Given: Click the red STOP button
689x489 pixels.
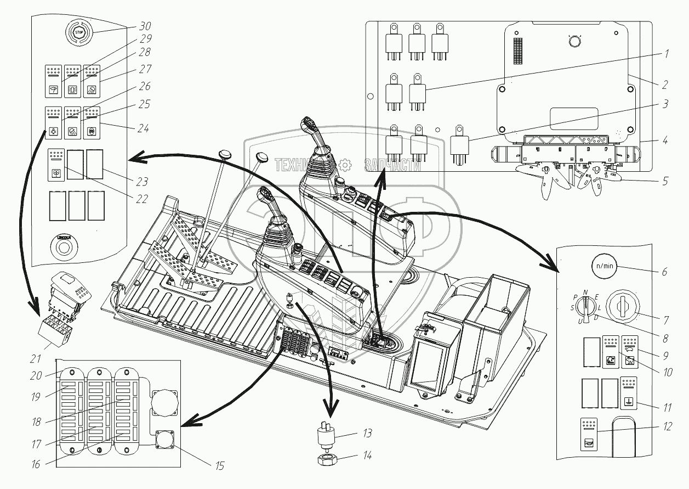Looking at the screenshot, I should click(x=77, y=32).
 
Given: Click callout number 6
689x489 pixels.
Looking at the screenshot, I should click(x=664, y=272).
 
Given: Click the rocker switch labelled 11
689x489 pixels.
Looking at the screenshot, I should click(x=628, y=393).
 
